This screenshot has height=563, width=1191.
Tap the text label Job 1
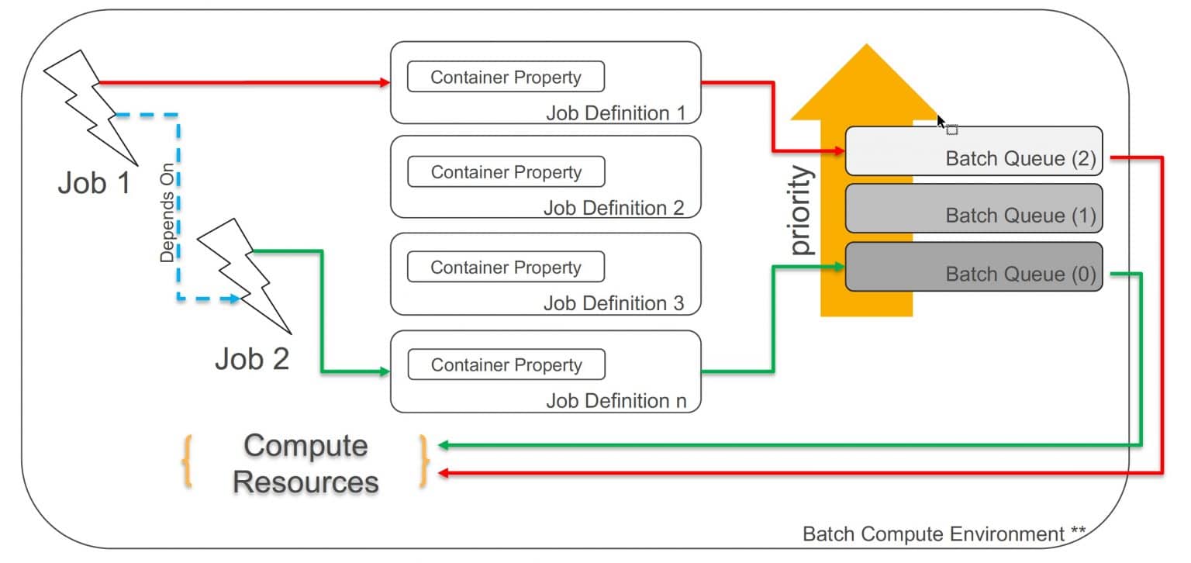point(93,185)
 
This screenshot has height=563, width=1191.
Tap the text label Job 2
point(251,359)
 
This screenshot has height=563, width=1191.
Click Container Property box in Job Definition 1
point(506,77)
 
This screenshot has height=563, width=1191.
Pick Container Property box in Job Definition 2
point(506,172)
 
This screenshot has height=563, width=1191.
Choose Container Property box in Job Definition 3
point(506,268)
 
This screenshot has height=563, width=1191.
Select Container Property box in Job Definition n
point(506,365)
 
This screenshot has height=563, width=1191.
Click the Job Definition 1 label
point(616,113)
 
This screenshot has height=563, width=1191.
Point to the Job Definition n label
point(616,401)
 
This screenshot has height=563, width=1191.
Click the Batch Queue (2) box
point(973,151)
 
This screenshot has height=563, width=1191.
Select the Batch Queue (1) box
point(973,209)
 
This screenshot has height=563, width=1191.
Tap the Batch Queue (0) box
point(973,267)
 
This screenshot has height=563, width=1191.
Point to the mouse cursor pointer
point(941,122)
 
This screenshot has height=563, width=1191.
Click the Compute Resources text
point(306,464)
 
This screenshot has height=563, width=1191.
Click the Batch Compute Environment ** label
point(943,534)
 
